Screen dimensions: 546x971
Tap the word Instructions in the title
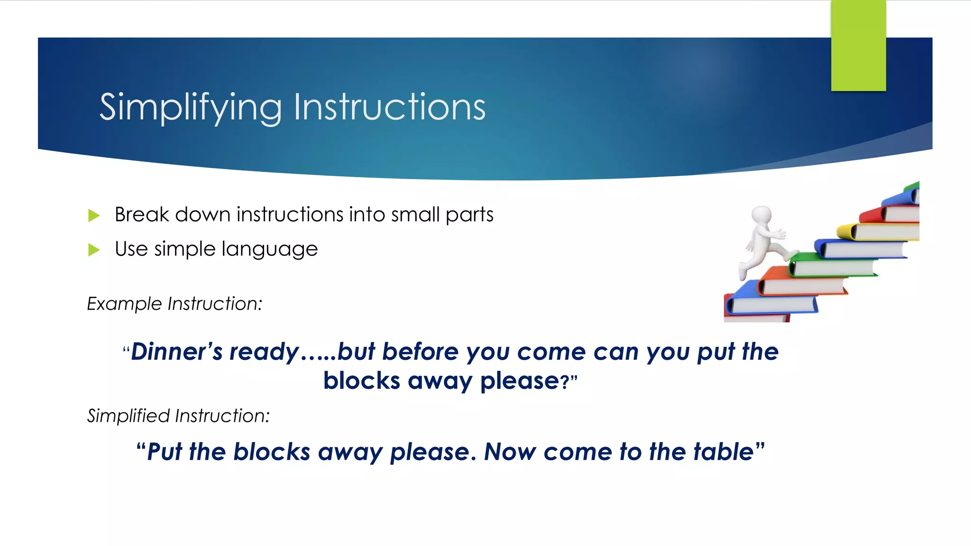coord(390,107)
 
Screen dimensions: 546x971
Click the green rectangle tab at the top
coord(858,45)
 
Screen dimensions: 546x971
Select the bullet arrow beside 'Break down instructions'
coord(94,216)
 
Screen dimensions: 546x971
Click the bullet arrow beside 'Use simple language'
coord(94,250)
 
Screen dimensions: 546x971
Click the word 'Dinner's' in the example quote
coord(177,352)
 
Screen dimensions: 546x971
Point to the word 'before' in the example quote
coord(420,352)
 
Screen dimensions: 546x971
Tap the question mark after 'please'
coord(565,382)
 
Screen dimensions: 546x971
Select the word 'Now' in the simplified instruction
coord(510,452)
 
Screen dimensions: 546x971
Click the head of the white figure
coord(762,214)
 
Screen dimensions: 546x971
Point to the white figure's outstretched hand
coord(780,234)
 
